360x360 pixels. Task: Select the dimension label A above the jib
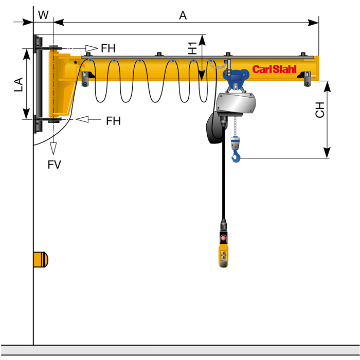pyautogui.click(x=183, y=15)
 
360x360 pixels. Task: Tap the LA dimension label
pyautogui.click(x=19, y=84)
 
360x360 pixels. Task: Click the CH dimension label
pyautogui.click(x=320, y=110)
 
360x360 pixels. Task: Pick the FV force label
pyautogui.click(x=54, y=165)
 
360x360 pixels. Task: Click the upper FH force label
pyautogui.click(x=108, y=49)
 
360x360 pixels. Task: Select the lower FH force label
pyautogui.click(x=113, y=121)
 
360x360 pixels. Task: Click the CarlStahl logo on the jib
pyautogui.click(x=275, y=69)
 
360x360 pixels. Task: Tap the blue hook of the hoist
pyautogui.click(x=236, y=156)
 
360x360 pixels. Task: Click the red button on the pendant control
pyautogui.click(x=223, y=238)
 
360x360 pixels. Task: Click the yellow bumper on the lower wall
pyautogui.click(x=41, y=259)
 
